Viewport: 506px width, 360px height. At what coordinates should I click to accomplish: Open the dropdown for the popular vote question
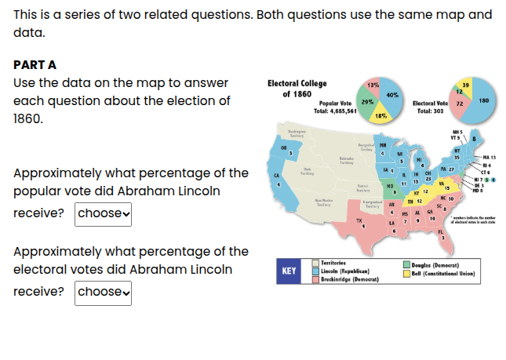103,213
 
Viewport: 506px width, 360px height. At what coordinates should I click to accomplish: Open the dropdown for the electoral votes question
103,291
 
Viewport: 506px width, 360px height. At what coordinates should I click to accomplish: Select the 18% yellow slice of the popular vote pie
380,115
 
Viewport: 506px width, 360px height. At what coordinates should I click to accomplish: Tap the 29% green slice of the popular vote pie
367,103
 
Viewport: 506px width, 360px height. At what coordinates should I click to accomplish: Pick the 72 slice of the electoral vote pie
460,104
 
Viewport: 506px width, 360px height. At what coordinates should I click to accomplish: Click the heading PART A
35,65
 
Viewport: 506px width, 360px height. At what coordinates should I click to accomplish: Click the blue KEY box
289,271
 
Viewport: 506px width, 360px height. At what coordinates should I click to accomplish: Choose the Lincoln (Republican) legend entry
344,271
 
